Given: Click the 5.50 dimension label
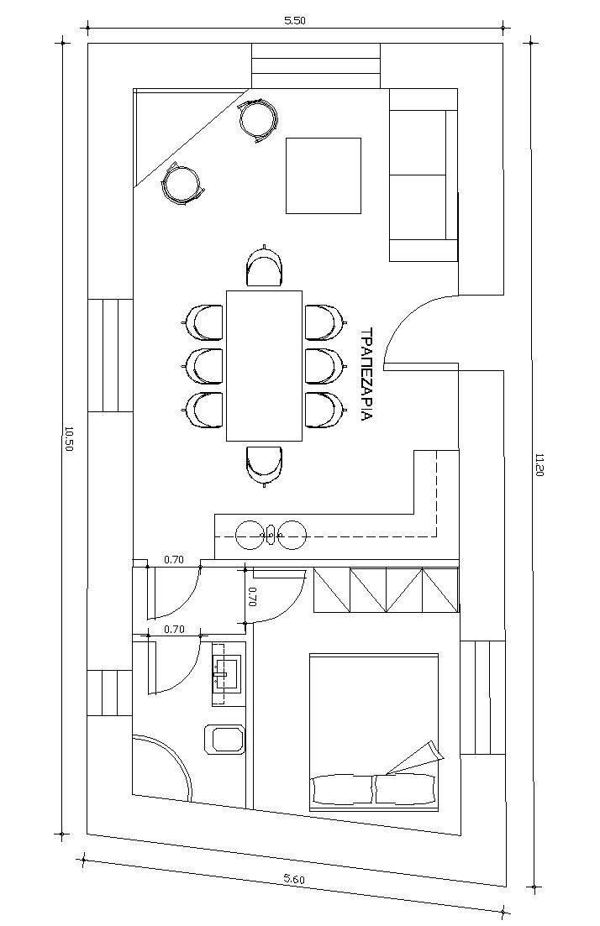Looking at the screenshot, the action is click(294, 21).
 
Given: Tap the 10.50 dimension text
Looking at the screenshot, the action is click(68, 439).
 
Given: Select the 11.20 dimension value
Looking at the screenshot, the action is click(539, 465).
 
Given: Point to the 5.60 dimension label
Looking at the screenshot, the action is click(294, 879).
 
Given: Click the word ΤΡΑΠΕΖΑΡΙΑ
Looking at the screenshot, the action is click(366, 374).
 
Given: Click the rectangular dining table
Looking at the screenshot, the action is click(264, 365).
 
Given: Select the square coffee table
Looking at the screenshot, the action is click(324, 175).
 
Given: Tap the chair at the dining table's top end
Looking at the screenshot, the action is click(265, 267).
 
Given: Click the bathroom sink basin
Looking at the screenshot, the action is click(228, 672).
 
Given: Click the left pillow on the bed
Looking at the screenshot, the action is click(342, 790).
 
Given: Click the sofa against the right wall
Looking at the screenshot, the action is click(424, 175).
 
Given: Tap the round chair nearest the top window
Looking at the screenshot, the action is click(258, 120).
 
